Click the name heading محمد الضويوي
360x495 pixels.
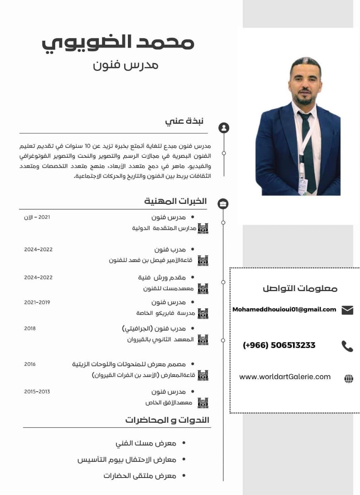118,42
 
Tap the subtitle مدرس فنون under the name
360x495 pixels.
125,65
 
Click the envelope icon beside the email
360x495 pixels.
347,310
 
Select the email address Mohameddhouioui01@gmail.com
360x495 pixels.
284,309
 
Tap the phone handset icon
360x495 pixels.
347,346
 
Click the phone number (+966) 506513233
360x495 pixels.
279,345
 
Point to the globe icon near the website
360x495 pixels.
349,378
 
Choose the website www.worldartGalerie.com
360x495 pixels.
285,377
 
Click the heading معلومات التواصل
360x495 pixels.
300,288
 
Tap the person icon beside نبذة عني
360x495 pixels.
224,127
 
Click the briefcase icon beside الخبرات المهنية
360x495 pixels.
223,203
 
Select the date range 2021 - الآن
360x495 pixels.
37,217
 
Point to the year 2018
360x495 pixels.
30,328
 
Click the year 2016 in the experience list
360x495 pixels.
30,364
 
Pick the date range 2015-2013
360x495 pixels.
37,392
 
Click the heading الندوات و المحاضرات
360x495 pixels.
167,420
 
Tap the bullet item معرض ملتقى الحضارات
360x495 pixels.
140,476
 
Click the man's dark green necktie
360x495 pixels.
308,154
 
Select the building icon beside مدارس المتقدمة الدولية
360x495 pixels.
203,228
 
